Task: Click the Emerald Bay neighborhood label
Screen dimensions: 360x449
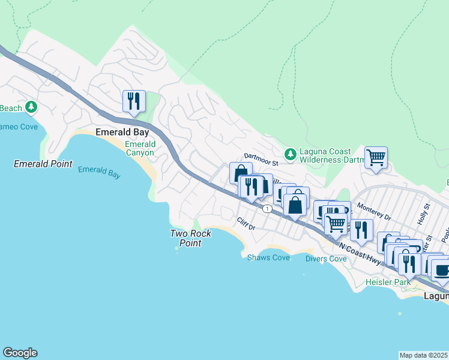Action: pos(118,132)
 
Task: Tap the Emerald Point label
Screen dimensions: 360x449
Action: pos(43,164)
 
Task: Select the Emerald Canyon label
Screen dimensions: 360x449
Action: pos(140,148)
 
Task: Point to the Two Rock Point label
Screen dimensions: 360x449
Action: pos(190,238)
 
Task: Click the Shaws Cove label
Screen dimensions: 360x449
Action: pos(268,257)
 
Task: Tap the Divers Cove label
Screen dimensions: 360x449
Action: pos(326,259)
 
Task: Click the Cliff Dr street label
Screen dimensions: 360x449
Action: pos(246,224)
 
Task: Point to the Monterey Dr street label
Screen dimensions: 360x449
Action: pos(374,211)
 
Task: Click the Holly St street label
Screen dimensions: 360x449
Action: pos(427,214)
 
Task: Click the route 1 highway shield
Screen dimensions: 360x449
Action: pos(266,208)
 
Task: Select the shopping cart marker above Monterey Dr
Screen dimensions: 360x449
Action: pos(376,158)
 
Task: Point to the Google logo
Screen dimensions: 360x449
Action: pos(20,353)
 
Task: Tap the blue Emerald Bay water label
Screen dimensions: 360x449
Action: pos(99,173)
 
